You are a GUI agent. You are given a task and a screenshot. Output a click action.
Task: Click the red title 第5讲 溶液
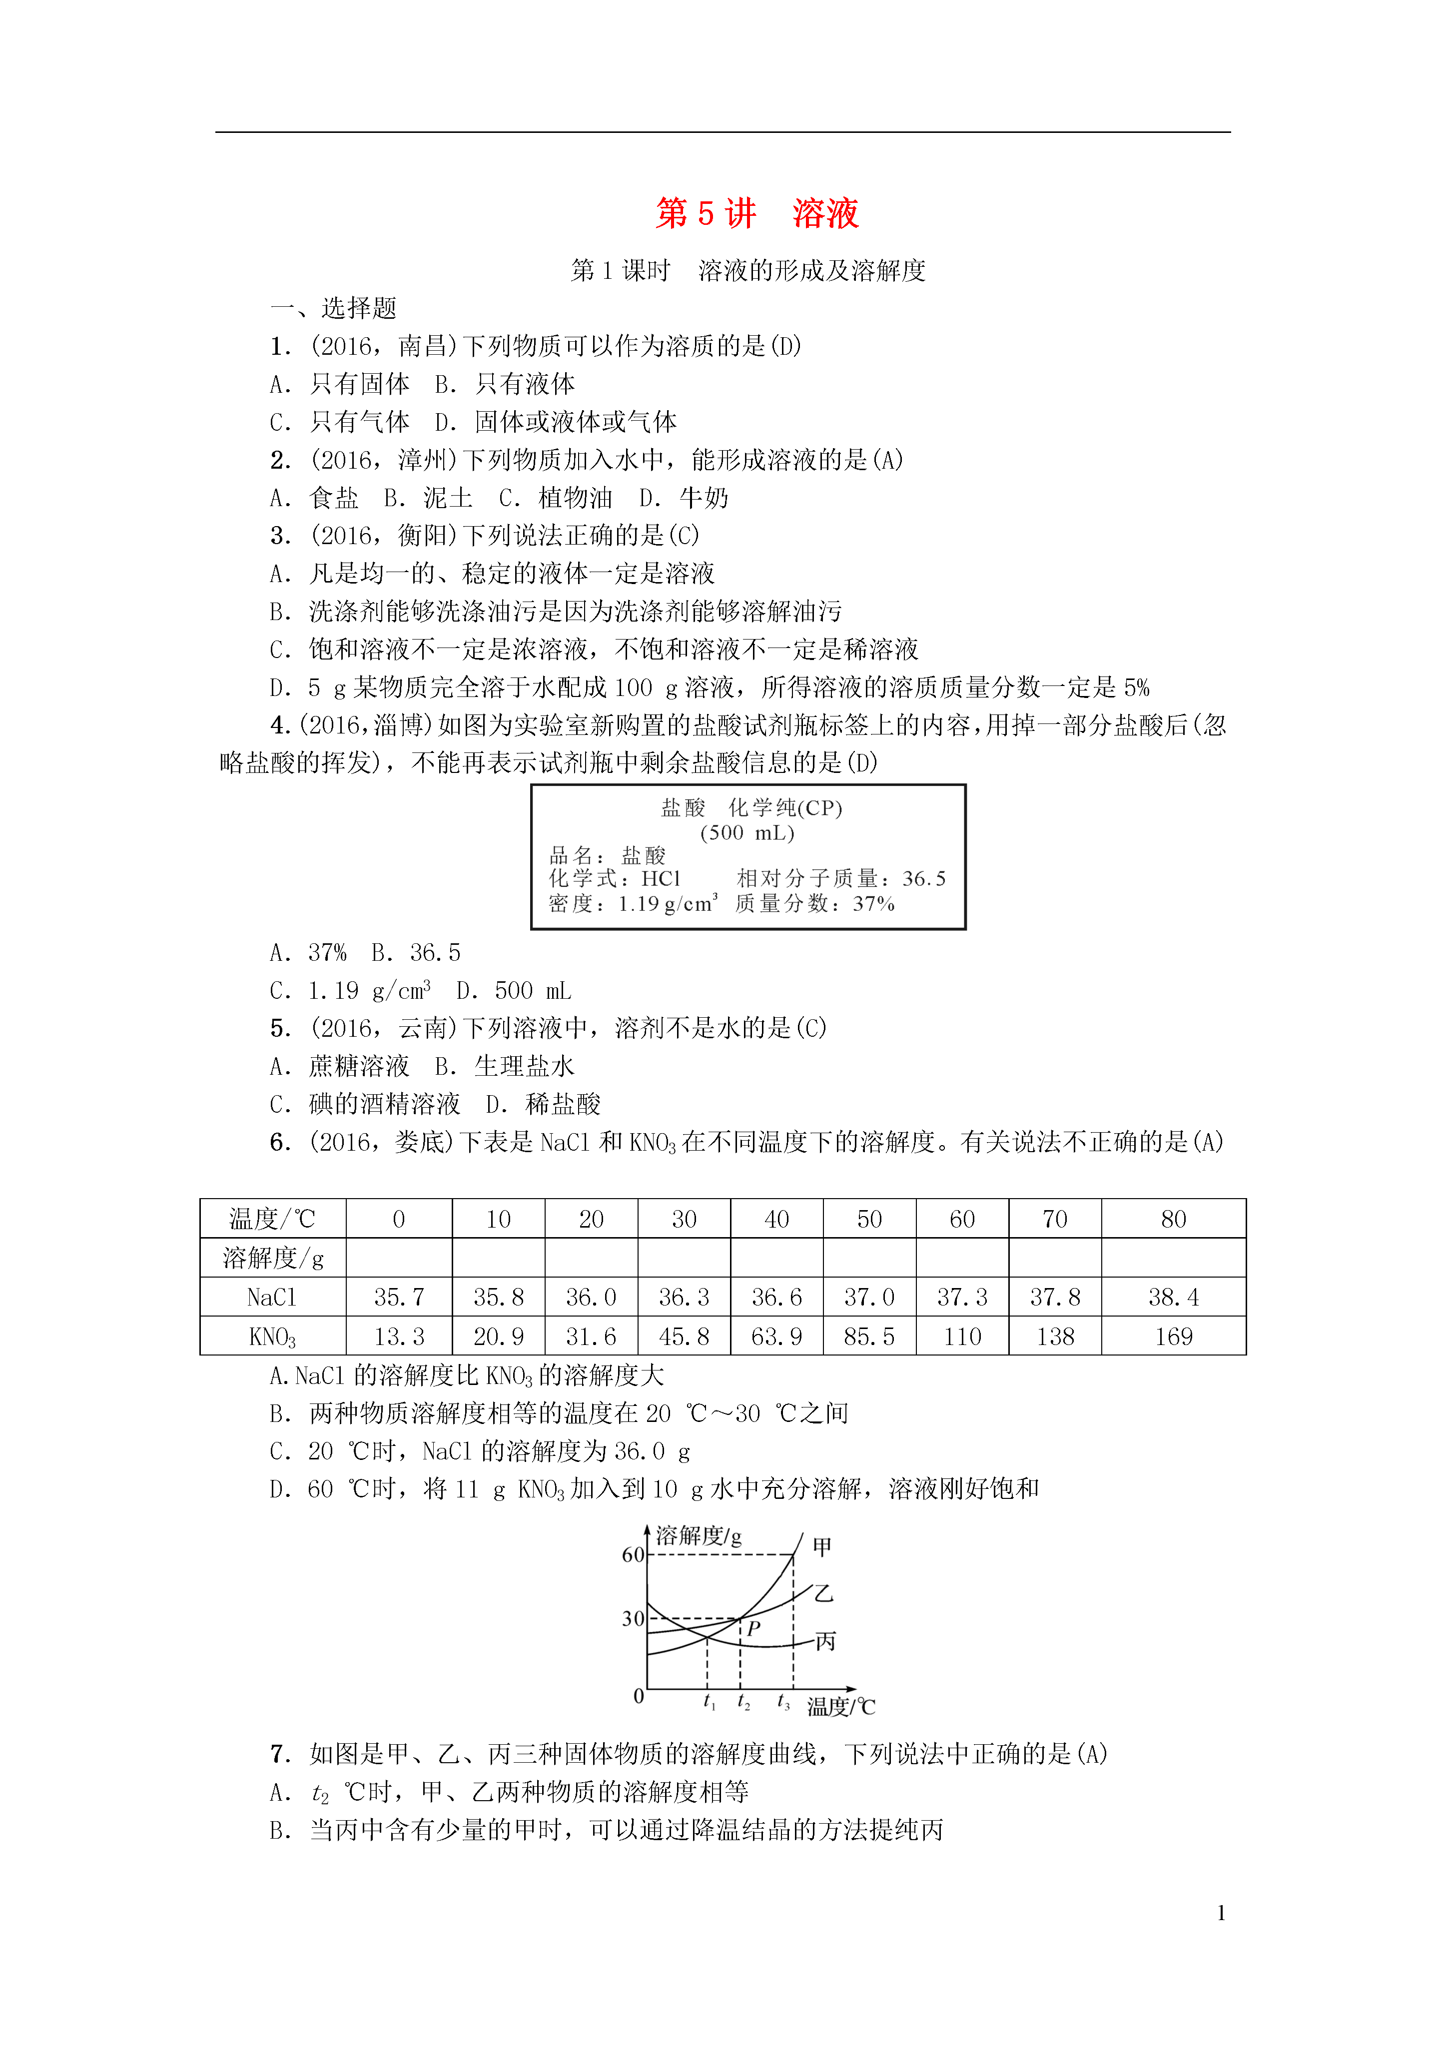coord(756,214)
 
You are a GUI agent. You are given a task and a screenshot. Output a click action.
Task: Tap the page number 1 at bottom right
coord(1221,1912)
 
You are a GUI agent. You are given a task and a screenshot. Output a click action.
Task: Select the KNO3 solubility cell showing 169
coord(1173,1336)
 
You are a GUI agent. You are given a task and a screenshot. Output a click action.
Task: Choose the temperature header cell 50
coord(869,1219)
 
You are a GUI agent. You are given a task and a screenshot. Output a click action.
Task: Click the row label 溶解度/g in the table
coord(273,1258)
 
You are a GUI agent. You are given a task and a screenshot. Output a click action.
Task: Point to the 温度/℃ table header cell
coord(273,1219)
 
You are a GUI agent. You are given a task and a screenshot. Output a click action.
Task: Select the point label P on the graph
coord(754,1629)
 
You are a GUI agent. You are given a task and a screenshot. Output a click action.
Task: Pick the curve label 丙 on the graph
coord(825,1641)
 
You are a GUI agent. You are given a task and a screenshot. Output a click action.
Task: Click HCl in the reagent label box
coord(661,879)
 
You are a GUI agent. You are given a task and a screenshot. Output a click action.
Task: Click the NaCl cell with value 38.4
coord(1173,1297)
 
